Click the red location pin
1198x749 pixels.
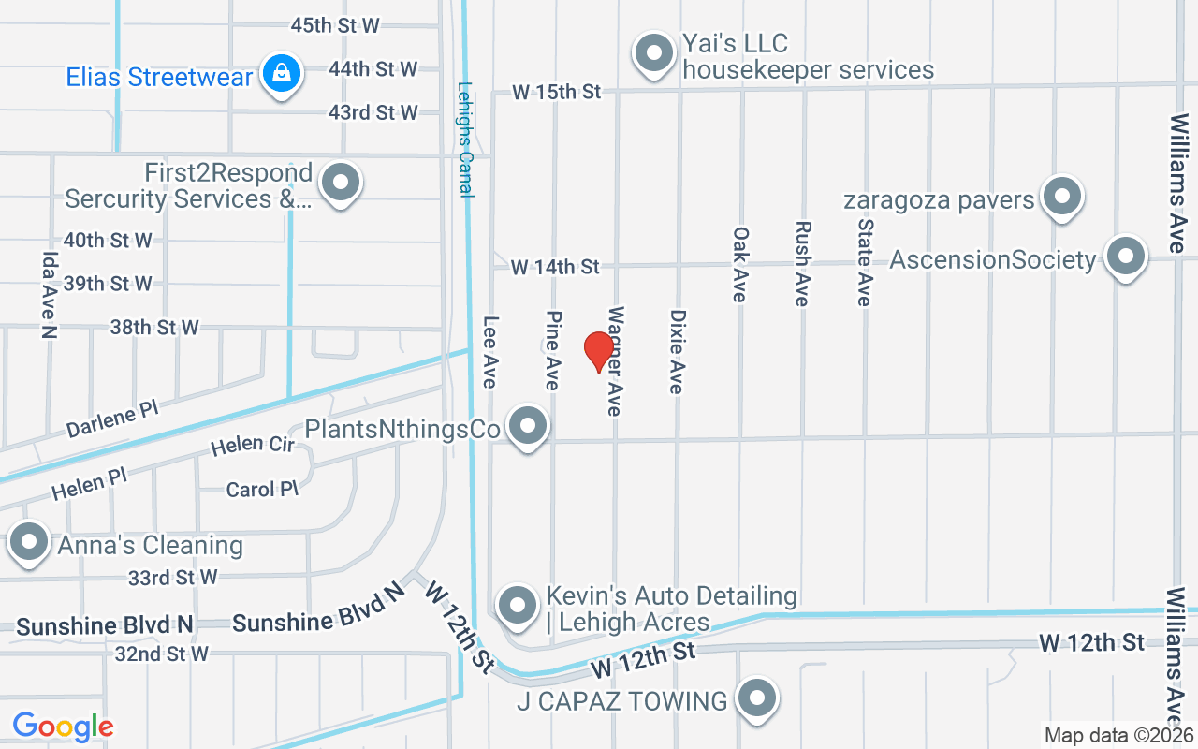[x=598, y=352]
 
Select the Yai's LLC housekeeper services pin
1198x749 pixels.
[x=654, y=53]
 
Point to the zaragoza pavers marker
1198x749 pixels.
[x=1061, y=197]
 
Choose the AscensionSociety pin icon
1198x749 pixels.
[x=1125, y=256]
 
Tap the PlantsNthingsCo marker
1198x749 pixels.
[x=528, y=426]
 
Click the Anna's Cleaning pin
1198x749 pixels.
[x=29, y=543]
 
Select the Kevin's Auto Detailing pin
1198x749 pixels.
[x=517, y=605]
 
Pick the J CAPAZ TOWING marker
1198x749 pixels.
[x=757, y=698]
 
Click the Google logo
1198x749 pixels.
[x=63, y=726]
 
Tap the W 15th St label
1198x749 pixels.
[x=556, y=92]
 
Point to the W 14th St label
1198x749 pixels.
[x=555, y=267]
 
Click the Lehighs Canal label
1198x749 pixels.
[x=466, y=140]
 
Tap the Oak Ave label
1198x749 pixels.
[x=740, y=264]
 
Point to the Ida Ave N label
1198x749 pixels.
[x=49, y=294]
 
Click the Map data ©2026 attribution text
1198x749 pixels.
[x=1118, y=736]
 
